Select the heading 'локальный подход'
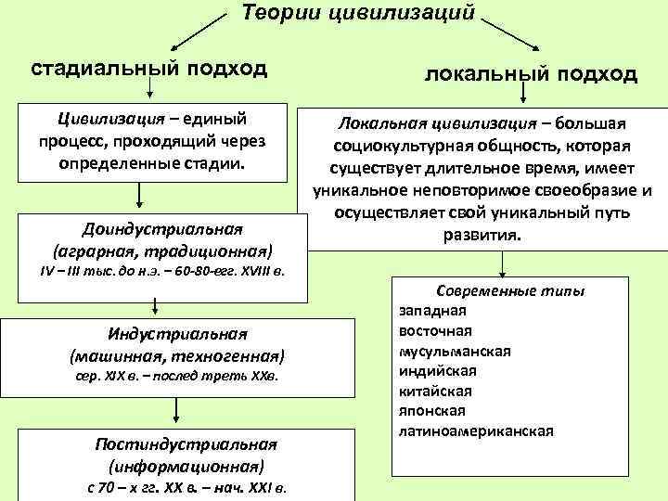pyautogui.click(x=531, y=73)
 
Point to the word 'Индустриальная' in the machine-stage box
pyautogui.click(x=176, y=335)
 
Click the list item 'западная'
pyautogui.click(x=433, y=311)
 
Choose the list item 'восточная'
pyautogui.click(x=436, y=330)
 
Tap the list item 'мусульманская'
pyautogui.click(x=456, y=351)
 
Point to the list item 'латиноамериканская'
pyautogui.click(x=476, y=430)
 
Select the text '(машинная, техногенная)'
pyautogui.click(x=176, y=355)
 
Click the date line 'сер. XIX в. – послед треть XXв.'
pyautogui.click(x=176, y=377)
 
